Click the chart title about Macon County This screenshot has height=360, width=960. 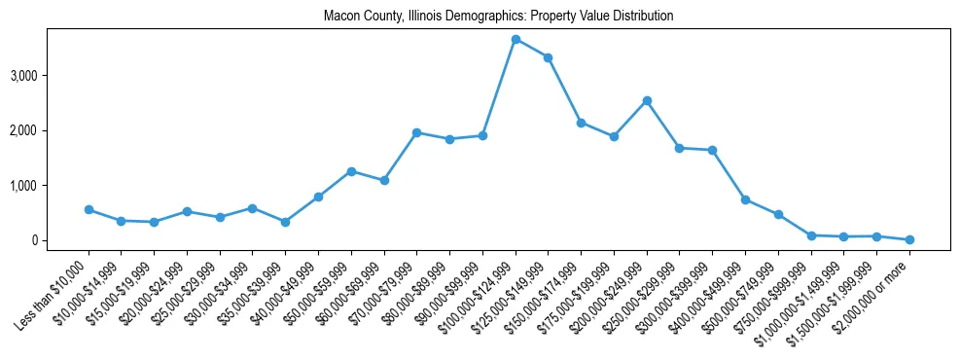[499, 17]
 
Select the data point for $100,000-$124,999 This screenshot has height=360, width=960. [516, 39]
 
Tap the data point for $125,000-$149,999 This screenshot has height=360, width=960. [549, 57]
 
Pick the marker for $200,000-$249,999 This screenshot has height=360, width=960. [647, 100]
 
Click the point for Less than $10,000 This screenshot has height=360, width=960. [89, 209]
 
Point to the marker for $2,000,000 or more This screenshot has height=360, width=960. [909, 239]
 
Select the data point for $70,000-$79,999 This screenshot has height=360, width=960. [416, 132]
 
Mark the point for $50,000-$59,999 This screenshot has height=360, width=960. [351, 171]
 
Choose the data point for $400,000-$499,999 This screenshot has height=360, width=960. [745, 199]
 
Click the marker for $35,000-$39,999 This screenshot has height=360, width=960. [285, 222]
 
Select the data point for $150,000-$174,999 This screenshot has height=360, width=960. [581, 123]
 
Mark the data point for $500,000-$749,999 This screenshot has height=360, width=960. [778, 214]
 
